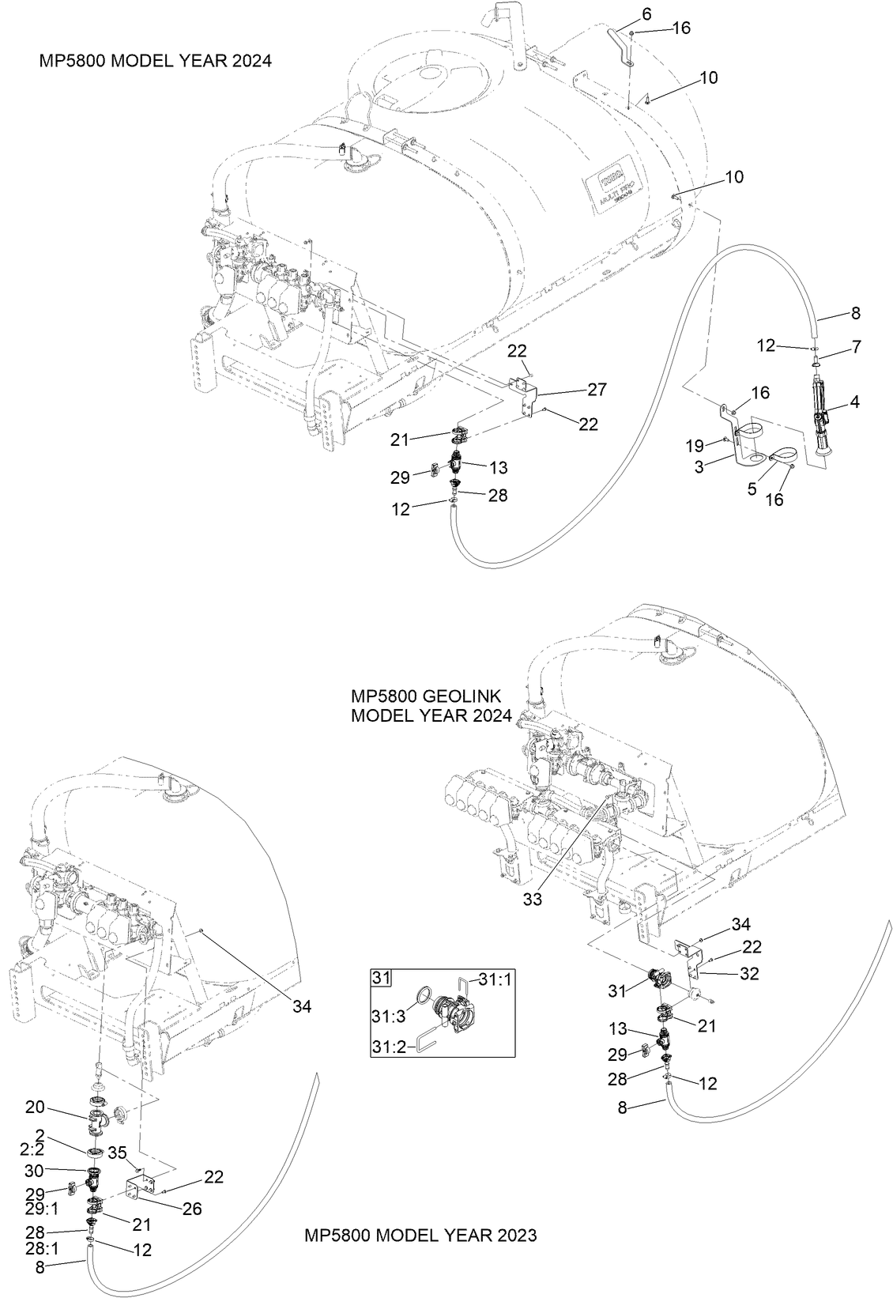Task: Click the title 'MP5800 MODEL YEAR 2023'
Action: click(420, 1235)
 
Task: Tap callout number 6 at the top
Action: click(647, 14)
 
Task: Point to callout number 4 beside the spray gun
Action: click(854, 402)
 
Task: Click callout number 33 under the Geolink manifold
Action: click(533, 900)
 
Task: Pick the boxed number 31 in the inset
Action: click(382, 978)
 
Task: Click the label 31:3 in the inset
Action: click(390, 1013)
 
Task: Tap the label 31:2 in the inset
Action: click(390, 1047)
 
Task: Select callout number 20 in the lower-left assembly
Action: click(35, 1107)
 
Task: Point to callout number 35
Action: click(117, 1152)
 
